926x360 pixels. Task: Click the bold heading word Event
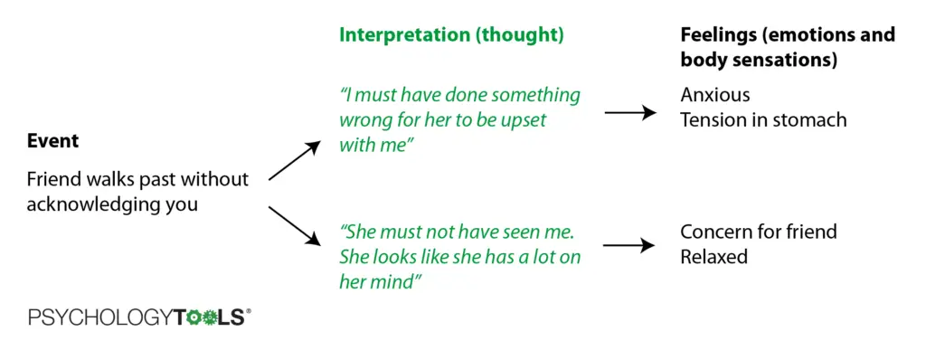pos(52,141)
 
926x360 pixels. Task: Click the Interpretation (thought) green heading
pos(451,35)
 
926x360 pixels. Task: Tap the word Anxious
pos(715,95)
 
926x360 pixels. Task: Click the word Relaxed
pos(714,257)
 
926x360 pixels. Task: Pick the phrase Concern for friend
pos(759,232)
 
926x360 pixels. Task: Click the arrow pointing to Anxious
pos(630,112)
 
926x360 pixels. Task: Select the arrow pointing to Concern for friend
pos(629,245)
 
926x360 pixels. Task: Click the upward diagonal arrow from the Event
pos(295,160)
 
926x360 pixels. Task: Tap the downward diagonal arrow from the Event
pos(294,226)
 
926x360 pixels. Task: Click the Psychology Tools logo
pos(139,317)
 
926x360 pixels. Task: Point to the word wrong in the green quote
pos(362,120)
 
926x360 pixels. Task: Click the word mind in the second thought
pos(398,281)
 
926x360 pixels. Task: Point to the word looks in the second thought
pos(392,257)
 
